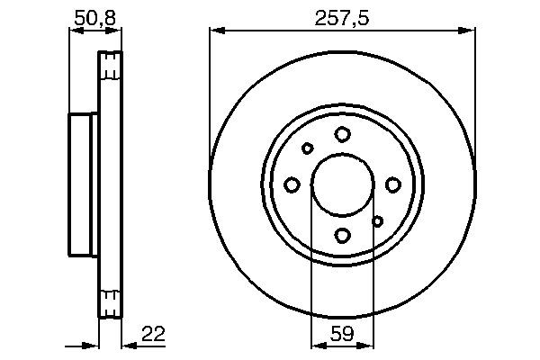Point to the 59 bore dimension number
point(341,334)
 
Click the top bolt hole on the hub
point(342,134)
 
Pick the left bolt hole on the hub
point(292,184)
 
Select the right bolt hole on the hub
point(393,184)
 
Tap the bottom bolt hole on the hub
point(342,236)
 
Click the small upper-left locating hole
point(307,148)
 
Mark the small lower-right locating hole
point(378,220)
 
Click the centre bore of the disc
point(342,184)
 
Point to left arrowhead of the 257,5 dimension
point(215,31)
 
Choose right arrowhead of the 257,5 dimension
point(469,31)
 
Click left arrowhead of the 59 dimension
point(316,345)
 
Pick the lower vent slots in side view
point(109,302)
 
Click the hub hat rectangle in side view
point(83,184)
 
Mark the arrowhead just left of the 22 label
point(126,345)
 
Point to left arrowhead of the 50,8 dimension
point(75,31)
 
